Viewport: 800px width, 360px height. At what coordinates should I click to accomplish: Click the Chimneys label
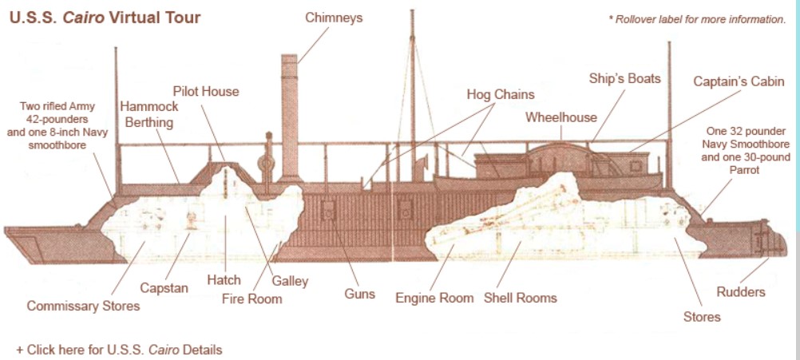(333, 18)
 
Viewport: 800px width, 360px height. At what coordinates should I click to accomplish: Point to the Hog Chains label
(500, 94)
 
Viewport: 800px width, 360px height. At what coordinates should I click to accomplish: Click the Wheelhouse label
(560, 117)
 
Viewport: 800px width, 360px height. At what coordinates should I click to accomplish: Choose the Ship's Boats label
(624, 78)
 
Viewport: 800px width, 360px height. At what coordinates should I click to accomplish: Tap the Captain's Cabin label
(739, 81)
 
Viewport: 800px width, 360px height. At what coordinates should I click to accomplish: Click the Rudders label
(740, 292)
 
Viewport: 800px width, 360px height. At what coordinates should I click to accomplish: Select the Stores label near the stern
(702, 317)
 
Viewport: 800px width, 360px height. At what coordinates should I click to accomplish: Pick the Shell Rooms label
(520, 298)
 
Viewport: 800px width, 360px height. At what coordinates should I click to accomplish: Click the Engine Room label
(434, 298)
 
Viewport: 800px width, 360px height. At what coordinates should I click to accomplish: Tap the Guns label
(359, 294)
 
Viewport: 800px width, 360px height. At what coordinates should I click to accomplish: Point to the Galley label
(289, 281)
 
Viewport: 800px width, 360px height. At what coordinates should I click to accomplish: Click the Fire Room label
(251, 299)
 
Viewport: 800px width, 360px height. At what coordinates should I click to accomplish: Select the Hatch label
(224, 280)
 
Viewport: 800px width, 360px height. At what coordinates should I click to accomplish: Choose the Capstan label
(164, 287)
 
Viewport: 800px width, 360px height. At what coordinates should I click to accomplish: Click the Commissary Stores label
(83, 306)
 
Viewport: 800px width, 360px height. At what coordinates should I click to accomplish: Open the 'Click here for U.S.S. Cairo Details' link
(119, 350)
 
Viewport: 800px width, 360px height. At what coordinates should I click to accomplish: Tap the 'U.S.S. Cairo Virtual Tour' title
(105, 16)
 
